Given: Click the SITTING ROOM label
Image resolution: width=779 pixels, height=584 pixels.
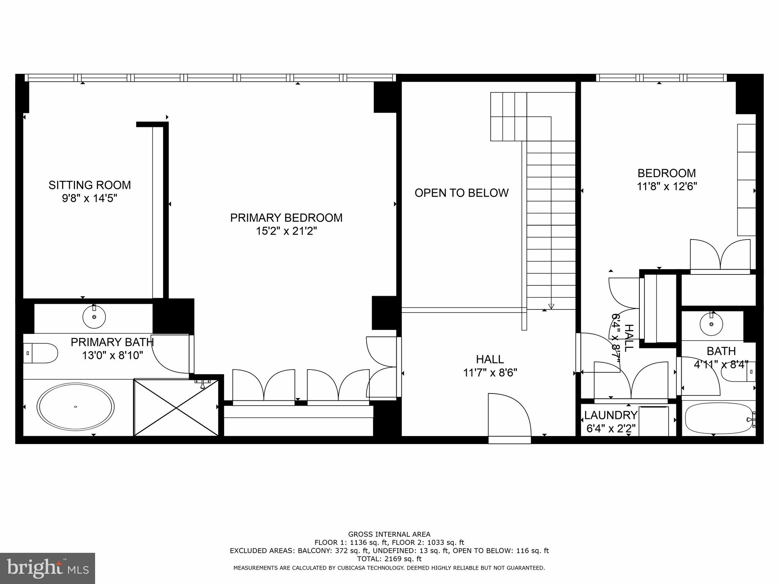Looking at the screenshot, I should [x=89, y=185].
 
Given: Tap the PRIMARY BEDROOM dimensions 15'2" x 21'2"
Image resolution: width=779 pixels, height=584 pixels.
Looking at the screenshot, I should [x=286, y=231].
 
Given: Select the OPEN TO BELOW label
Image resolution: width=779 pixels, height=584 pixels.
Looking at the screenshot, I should [x=461, y=193].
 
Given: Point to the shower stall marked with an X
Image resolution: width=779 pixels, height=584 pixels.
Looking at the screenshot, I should [x=176, y=407].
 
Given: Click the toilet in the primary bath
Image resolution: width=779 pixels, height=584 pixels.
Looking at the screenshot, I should [x=40, y=353].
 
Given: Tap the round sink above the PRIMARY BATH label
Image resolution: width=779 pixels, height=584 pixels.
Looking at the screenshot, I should [x=94, y=317].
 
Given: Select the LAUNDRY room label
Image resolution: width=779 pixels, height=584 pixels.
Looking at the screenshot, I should [x=610, y=415].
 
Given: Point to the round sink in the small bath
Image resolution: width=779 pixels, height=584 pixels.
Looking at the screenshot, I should [x=711, y=324].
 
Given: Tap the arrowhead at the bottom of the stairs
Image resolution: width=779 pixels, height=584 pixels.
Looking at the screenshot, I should [x=551, y=306].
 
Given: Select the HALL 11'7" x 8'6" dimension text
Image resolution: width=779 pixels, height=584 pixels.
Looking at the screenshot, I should [x=490, y=373].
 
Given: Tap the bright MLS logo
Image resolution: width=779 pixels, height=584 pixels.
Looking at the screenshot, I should [x=48, y=568].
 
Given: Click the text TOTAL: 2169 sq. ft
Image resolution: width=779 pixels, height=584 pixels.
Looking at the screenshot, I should [x=389, y=559].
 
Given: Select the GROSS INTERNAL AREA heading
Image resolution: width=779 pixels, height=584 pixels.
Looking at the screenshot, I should [x=389, y=534].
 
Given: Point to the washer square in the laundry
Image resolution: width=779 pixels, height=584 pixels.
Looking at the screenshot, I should [x=653, y=421].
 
